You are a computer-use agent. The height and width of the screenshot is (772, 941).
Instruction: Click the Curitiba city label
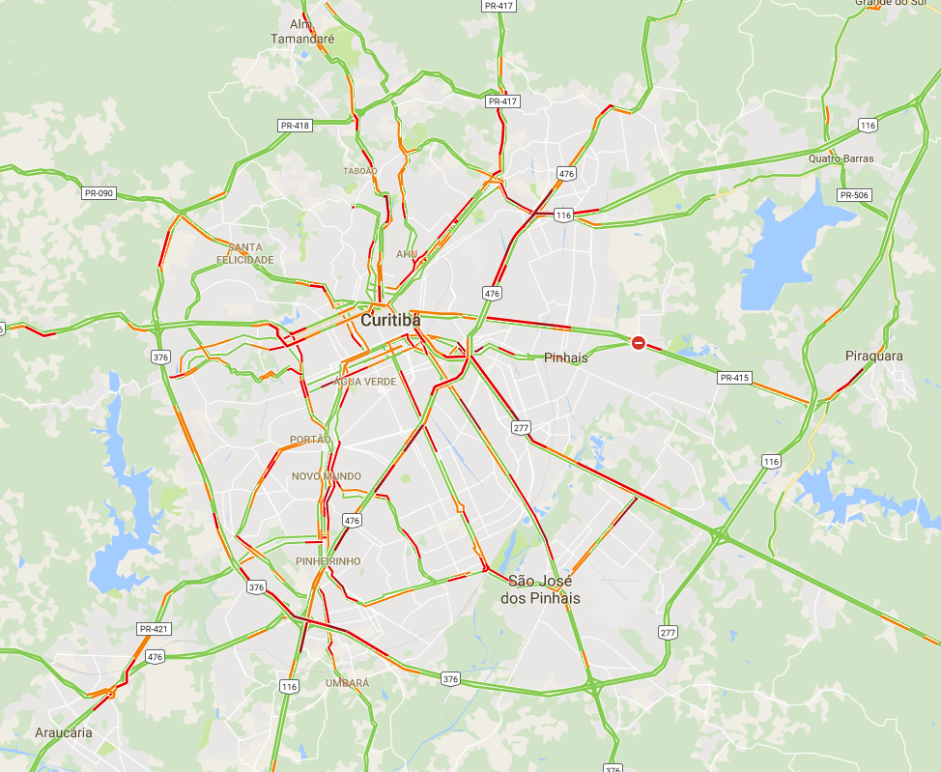pos(390,320)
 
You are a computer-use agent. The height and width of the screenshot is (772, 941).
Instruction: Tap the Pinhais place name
pos(565,357)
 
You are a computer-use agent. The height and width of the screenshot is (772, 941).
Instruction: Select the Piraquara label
pos(873,356)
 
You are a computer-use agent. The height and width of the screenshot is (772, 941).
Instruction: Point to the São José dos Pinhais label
pos(540,589)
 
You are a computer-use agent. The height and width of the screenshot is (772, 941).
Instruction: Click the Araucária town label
pos(64,732)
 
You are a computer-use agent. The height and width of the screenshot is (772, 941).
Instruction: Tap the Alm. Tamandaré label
pos(302,31)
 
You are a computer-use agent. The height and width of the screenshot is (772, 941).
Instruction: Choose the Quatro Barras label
pos(841,158)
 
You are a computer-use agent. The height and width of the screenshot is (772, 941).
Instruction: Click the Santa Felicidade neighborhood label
pos(244,253)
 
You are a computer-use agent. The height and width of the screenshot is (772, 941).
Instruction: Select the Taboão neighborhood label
pos(359,171)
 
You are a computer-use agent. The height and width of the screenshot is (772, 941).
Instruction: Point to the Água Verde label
pos(364,382)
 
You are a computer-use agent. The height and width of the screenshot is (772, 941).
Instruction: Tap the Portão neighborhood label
pos(310,440)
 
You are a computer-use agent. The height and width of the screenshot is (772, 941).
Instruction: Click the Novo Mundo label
pos(327,476)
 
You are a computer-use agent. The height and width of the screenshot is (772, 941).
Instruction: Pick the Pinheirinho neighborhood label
pos(328,561)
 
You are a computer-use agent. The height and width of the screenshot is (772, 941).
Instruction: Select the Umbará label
pos(347,683)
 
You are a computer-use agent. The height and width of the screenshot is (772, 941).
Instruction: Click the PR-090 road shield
pos(99,193)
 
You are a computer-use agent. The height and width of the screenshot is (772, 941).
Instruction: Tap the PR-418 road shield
pos(295,126)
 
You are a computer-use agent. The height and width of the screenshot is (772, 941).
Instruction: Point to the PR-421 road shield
pos(154,629)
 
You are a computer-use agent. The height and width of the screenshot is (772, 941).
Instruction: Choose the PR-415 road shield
pos(734,378)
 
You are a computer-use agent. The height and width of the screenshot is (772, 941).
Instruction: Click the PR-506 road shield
pos(854,195)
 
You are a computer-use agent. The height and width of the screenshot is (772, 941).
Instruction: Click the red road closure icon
pos(639,343)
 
